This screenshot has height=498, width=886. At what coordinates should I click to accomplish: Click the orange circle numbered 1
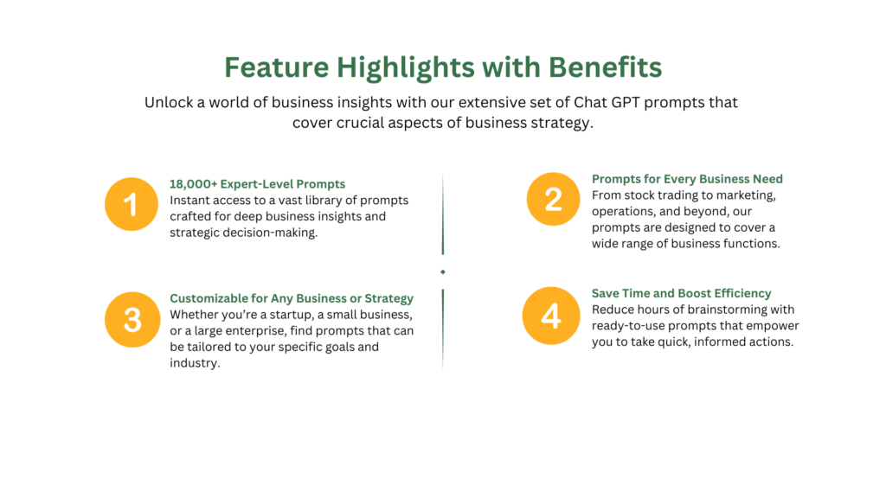132,204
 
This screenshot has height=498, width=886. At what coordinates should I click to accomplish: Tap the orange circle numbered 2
553,199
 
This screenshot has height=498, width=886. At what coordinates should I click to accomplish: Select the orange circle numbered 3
132,320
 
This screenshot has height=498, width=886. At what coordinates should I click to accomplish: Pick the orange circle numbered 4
551,316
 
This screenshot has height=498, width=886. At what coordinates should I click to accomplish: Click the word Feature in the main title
276,67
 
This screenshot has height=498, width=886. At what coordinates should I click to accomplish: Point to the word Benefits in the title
605,67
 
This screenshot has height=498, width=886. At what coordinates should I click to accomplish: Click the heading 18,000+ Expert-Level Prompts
257,184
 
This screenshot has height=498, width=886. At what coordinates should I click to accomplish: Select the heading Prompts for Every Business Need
687,179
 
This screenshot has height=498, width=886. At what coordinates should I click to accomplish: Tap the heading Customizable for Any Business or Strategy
292,298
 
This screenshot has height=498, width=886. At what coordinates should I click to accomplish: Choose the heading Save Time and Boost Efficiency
682,293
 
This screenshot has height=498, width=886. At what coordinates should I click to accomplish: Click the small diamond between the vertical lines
443,272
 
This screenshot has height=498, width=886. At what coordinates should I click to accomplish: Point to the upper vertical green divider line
443,214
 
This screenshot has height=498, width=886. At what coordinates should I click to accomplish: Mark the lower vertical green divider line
443,329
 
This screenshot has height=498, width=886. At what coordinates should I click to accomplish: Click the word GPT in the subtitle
626,102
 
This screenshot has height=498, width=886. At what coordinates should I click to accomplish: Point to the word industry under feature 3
195,363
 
